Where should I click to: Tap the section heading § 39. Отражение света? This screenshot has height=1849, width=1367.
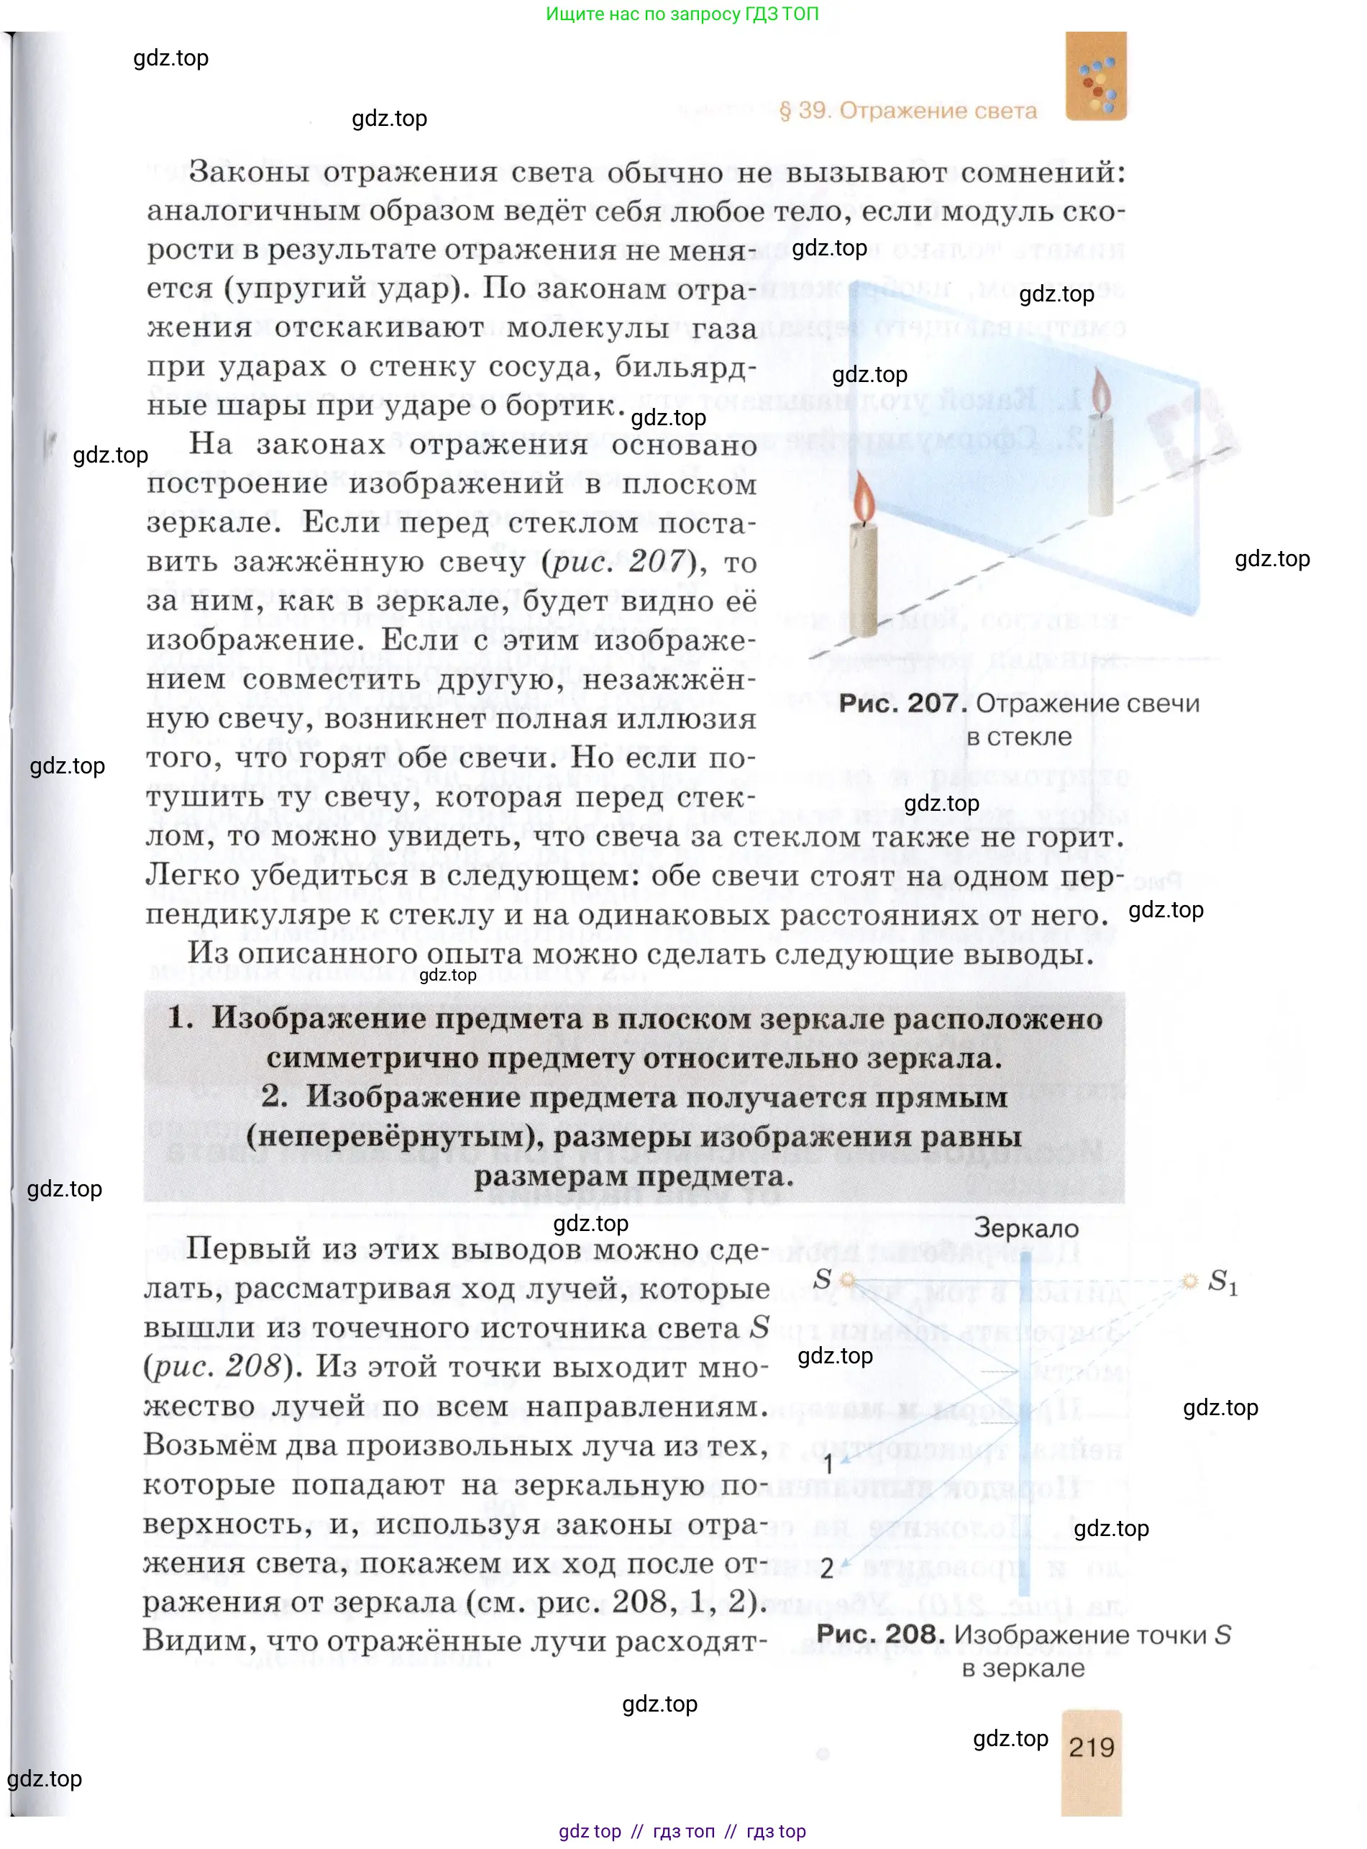click(907, 111)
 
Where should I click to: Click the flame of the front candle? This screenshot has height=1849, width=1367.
click(863, 499)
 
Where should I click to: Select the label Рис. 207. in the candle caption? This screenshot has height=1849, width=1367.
click(902, 704)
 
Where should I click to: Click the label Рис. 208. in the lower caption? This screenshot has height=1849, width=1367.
click(880, 1634)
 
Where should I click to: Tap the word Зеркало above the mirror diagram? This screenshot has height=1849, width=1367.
click(1026, 1228)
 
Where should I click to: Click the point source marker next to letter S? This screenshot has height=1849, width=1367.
click(846, 1281)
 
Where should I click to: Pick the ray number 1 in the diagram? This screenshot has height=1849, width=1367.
click(828, 1463)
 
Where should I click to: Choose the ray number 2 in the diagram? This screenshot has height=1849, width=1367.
click(827, 1568)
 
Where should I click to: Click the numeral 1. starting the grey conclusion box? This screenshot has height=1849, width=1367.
click(180, 1018)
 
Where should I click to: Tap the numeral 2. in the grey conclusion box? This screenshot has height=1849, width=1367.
click(274, 1096)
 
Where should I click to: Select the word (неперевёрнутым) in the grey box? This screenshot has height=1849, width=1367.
click(394, 1137)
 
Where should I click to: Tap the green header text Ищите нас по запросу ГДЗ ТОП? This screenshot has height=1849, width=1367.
click(682, 14)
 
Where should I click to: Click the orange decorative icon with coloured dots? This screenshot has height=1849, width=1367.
click(1096, 77)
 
